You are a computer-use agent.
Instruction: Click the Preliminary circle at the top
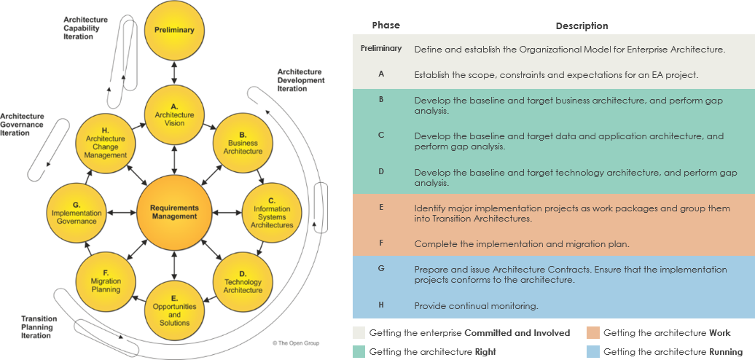174,30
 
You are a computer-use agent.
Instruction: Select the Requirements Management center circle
174,212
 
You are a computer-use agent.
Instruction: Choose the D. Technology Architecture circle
243,282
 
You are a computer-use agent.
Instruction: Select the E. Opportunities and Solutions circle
174,310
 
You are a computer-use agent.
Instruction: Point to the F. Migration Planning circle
105,282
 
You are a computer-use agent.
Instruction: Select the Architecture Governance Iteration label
22,125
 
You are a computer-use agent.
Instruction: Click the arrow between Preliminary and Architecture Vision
174,72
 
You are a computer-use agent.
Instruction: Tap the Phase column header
386,26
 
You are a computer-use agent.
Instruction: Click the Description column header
582,26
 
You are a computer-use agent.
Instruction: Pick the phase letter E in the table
381,208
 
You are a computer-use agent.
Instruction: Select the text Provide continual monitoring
476,306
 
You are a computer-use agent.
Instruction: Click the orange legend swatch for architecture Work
593,333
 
